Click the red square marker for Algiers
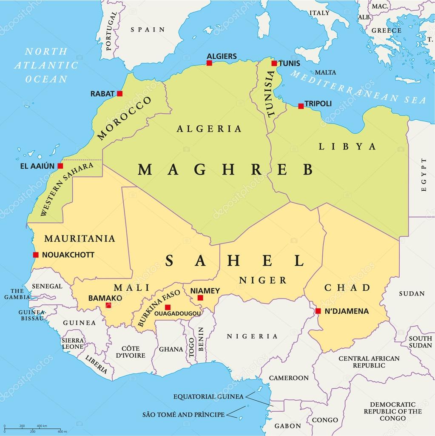(x=209, y=63)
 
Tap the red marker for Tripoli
(x=301, y=106)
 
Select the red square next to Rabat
(x=120, y=94)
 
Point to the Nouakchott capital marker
(x=36, y=255)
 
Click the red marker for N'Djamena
(x=318, y=311)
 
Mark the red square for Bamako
(x=108, y=305)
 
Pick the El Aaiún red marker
(x=60, y=166)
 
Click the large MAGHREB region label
(x=225, y=169)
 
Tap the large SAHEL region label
(x=235, y=260)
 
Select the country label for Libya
(x=348, y=146)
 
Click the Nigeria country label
(x=252, y=336)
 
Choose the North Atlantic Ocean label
(x=46, y=65)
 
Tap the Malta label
(x=325, y=72)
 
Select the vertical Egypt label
(x=424, y=175)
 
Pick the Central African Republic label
(x=369, y=362)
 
